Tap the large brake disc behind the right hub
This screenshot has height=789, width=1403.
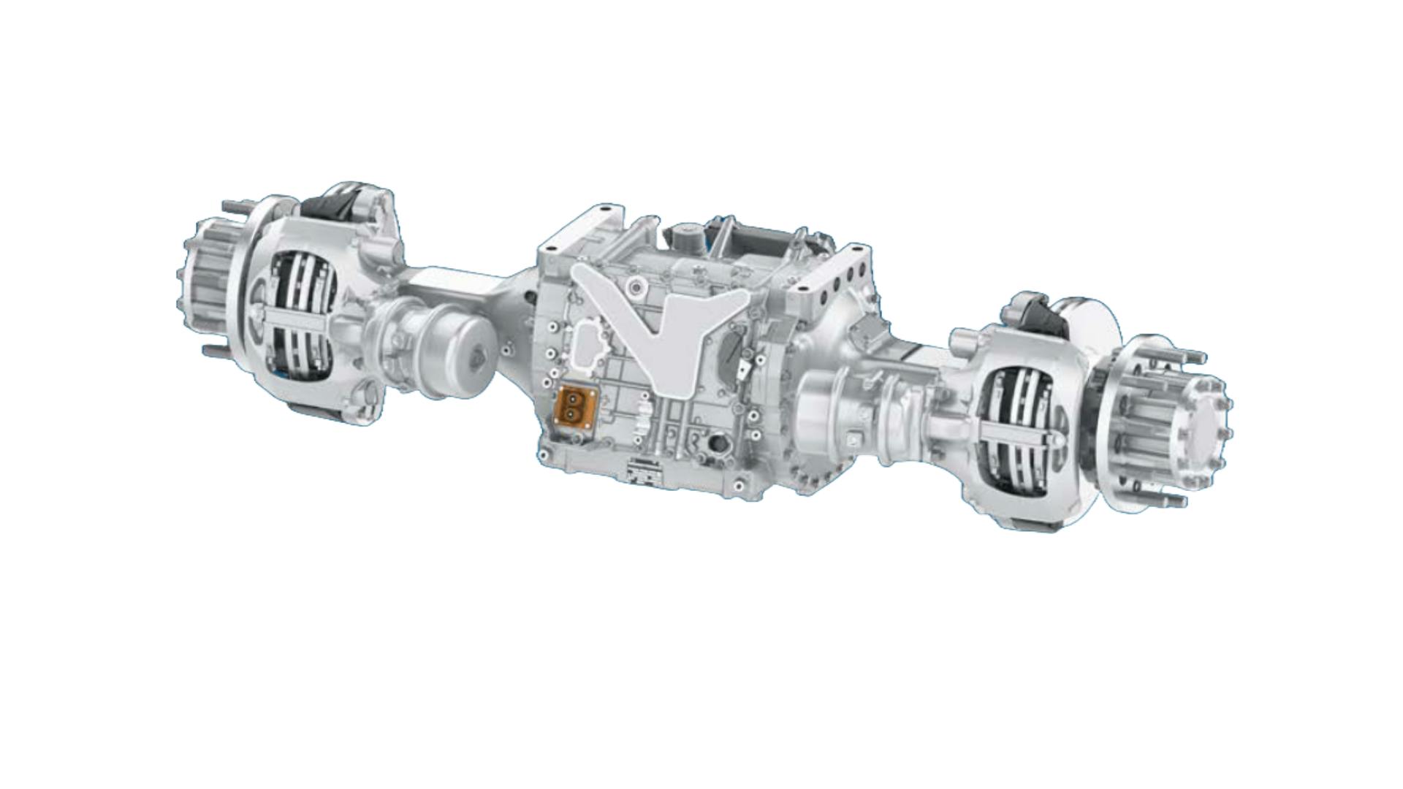click(1089, 336)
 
